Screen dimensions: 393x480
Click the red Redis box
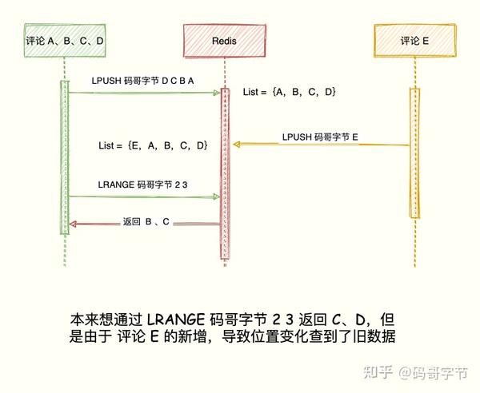pyautogui.click(x=225, y=39)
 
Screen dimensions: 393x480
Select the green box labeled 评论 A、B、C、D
pyautogui.click(x=64, y=39)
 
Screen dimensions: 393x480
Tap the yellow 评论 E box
pyautogui.click(x=414, y=39)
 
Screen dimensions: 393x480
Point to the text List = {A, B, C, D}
pyautogui.click(x=290, y=93)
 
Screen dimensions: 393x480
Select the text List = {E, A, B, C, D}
pyautogui.click(x=153, y=145)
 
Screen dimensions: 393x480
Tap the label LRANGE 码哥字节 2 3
pyautogui.click(x=142, y=184)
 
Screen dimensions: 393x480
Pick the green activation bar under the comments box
pyautogui.click(x=64, y=156)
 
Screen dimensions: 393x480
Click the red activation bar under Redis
pyautogui.click(x=225, y=172)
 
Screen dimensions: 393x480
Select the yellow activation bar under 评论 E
pyautogui.click(x=414, y=152)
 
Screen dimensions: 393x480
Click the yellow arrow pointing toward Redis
pyautogui.click(x=320, y=145)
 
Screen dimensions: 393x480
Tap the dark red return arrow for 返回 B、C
pyautogui.click(x=144, y=224)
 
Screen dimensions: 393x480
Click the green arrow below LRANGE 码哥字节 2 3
pyautogui.click(x=144, y=196)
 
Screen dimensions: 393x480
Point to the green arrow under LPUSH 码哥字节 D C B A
pyautogui.click(x=144, y=93)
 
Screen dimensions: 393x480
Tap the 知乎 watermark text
pyautogui.click(x=378, y=372)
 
